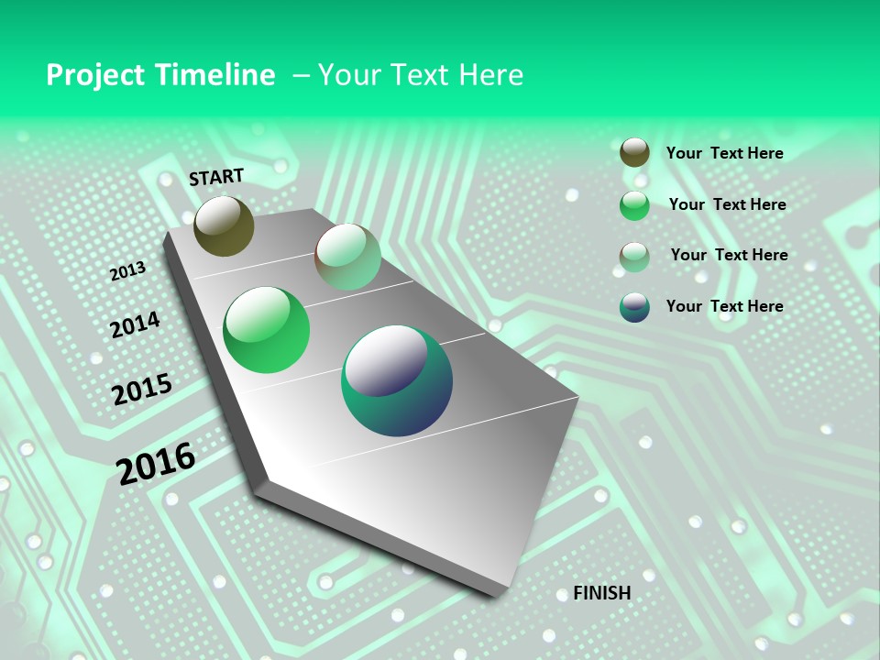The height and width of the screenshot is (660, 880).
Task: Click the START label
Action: (x=216, y=177)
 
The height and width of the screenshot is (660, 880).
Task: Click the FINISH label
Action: (x=601, y=593)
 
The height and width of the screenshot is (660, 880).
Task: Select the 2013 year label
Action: (x=127, y=271)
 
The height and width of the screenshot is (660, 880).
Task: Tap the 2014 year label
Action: (x=135, y=324)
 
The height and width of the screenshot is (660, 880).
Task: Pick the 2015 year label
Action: (x=141, y=389)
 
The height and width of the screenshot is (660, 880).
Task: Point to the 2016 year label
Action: (x=156, y=463)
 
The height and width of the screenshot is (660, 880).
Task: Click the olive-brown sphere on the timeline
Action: (x=224, y=225)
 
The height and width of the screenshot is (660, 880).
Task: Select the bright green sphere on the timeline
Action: (x=267, y=330)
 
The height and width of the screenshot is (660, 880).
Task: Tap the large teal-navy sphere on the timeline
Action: (x=397, y=380)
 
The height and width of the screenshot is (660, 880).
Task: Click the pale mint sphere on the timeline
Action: (x=348, y=257)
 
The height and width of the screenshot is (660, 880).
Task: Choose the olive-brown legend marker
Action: (x=634, y=153)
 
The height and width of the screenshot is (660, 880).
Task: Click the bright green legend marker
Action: (x=634, y=205)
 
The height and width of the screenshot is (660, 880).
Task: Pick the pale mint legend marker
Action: (x=634, y=257)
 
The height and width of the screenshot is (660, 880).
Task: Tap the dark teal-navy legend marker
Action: (x=634, y=307)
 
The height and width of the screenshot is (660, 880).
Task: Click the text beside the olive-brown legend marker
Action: (x=724, y=154)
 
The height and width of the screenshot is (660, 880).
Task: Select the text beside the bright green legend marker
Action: (x=727, y=204)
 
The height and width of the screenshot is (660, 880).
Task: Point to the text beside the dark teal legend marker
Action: (x=724, y=306)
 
